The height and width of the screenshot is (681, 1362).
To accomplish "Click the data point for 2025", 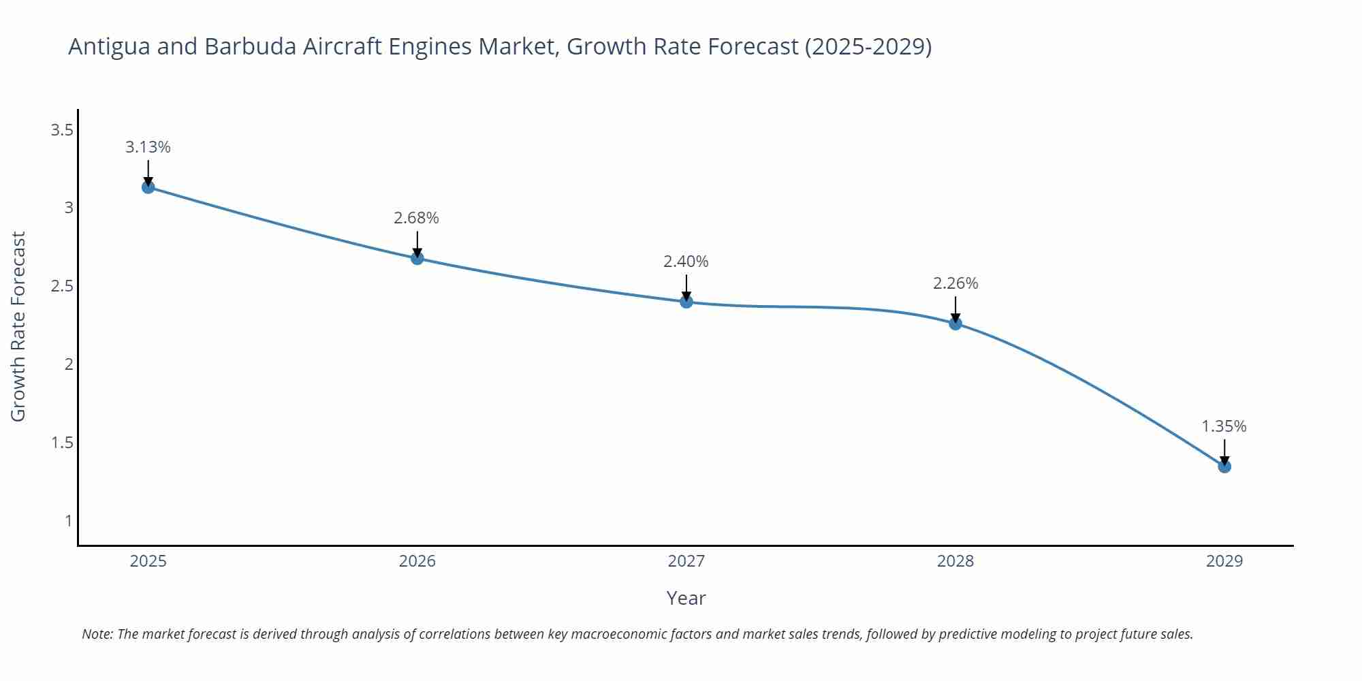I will coord(148,187).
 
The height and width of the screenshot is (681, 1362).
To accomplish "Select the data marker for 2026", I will coord(417,258).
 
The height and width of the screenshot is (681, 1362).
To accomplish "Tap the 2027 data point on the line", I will coord(686,302).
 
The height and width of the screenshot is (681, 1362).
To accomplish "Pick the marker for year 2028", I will coord(955,323).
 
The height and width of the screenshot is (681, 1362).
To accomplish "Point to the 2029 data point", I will coord(1224,466).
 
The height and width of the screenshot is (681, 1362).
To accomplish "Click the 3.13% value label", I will coord(148,147).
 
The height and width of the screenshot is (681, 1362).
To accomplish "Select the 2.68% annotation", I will coord(417,218).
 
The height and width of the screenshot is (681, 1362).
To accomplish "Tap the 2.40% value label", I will coord(686,262).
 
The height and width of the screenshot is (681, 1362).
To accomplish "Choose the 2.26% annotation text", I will coord(955,283).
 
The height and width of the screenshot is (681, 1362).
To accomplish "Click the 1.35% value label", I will coord(1224,426).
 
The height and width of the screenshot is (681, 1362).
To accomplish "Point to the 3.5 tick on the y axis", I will coord(62,129).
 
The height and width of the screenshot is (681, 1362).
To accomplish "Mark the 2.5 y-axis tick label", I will coord(62,286).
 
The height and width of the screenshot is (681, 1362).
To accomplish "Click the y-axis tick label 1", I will coord(68,521).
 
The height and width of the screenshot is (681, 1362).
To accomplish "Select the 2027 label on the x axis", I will coord(686,561).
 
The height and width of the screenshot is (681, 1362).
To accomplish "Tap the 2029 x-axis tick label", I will coord(1224,561).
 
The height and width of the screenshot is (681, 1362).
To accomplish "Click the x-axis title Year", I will coord(686,598).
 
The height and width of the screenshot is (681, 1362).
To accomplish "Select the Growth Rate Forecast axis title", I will coord(18,327).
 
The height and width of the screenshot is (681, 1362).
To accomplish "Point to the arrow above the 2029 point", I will coord(1224,452).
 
